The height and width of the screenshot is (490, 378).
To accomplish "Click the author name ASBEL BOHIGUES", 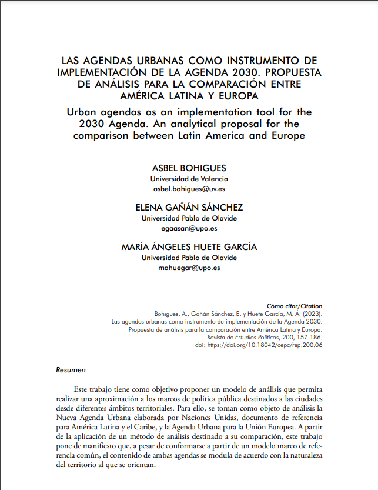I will coord(189,168).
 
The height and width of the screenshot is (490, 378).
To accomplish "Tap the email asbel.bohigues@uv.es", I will coord(189,189).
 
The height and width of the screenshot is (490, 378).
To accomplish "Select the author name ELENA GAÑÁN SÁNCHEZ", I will coord(189,207).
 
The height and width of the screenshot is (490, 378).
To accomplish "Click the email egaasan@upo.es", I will coord(189,228).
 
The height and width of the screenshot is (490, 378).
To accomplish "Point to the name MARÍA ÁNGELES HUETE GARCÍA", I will coord(189,247).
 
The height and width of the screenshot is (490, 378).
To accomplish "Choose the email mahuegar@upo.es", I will coord(189,268).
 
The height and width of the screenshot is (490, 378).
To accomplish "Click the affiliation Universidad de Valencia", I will coord(189,178).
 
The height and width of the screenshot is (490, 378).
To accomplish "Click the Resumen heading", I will coord(71,371).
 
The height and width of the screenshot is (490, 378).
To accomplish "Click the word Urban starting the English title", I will coord(82,111).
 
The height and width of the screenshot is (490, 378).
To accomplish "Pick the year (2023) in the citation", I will coord(312,314).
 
